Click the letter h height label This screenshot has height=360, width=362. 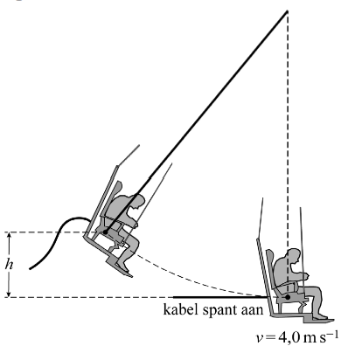[9, 265]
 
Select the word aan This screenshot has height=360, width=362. [253, 311]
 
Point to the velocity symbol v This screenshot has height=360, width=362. [260, 339]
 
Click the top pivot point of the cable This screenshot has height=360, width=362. [287, 11]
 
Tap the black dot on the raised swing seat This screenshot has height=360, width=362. [105, 232]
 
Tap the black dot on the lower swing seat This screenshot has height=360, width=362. [288, 297]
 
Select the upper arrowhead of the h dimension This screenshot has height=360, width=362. [9, 235]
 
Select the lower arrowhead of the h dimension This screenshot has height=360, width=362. [9, 294]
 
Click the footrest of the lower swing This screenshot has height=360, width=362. [318, 320]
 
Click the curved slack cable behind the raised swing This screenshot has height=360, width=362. [58, 238]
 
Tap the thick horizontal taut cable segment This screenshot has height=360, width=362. [220, 297]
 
